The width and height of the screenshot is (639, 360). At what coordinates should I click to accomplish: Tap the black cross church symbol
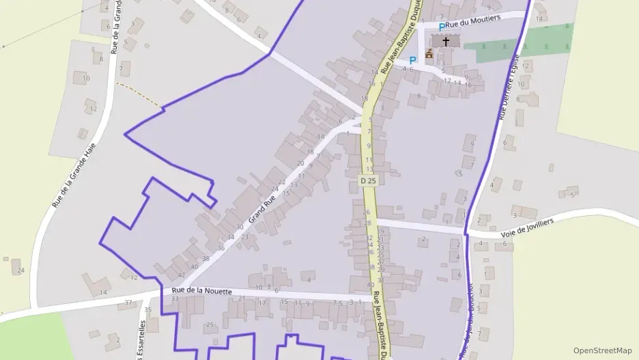click(x=446, y=41)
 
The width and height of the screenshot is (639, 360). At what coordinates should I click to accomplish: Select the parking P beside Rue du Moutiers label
click(x=442, y=27)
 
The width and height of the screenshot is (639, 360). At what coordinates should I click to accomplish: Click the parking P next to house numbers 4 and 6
click(x=412, y=60)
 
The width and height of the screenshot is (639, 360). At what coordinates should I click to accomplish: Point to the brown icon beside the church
click(x=429, y=53)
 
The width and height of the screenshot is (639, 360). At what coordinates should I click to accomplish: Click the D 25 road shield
click(x=368, y=180)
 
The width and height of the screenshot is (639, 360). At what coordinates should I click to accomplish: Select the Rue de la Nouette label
click(x=202, y=291)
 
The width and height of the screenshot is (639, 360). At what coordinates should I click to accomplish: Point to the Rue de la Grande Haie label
click(x=73, y=174)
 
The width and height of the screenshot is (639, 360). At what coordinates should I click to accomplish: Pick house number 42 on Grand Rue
click(x=181, y=275)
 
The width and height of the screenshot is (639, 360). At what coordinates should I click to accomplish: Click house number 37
click(x=128, y=303)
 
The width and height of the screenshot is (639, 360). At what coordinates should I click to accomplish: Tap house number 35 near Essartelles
click(x=148, y=309)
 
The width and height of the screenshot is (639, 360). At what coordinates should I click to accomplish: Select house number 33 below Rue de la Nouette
click(x=175, y=299)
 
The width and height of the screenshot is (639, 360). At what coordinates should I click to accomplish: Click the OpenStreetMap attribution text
click(x=602, y=350)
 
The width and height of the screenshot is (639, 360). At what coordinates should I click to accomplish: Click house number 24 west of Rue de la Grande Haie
click(x=20, y=271)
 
